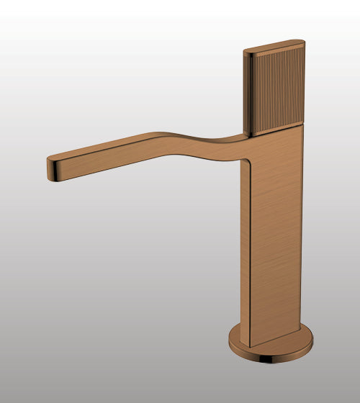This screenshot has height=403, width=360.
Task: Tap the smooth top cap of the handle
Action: tap(274, 45)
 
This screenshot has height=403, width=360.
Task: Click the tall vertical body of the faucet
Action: tap(277, 230)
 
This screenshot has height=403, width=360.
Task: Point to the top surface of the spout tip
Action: tap(61, 156)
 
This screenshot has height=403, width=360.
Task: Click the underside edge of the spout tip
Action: tap(58, 177)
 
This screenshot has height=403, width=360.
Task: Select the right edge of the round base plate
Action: tap(312, 344)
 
